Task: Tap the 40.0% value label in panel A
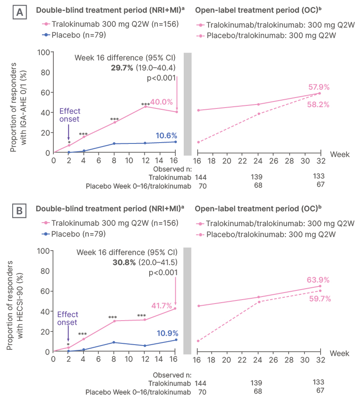[161, 102]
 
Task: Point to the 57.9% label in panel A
[318, 87]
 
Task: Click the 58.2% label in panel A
[318, 105]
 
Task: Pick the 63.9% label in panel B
[318, 280]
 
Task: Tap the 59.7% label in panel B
[318, 299]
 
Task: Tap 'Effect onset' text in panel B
[67, 318]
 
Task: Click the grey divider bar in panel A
[188, 104]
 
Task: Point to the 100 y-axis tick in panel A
[43, 52]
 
